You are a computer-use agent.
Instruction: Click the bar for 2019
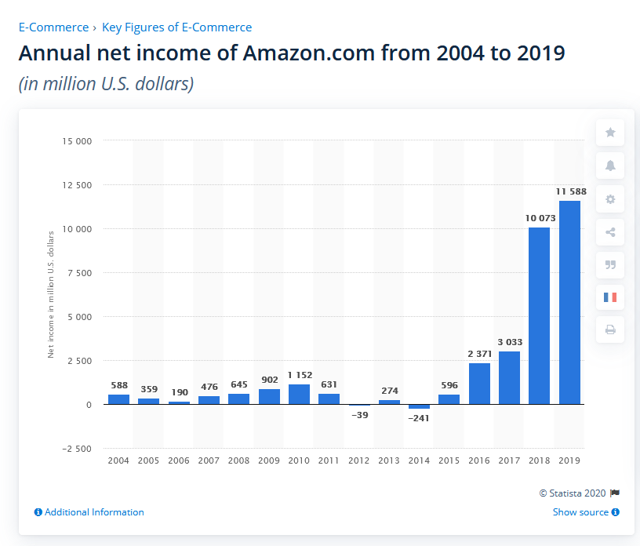pos(570,302)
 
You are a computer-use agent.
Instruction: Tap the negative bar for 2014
pos(420,406)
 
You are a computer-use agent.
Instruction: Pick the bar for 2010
pos(299,394)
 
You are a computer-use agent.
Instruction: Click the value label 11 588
pos(570,191)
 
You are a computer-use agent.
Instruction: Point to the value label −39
pos(359,414)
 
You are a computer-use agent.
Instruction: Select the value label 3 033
pos(510,342)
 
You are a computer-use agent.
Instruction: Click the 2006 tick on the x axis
pos(179,460)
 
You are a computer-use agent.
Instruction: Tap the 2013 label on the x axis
pos(389,460)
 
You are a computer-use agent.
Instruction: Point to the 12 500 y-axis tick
pos(76,185)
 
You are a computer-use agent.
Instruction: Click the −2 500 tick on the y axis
pos(76,449)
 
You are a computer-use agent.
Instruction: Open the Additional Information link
pos(89,512)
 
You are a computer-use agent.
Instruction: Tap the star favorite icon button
pos(610,133)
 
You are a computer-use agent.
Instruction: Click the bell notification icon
pos(610,166)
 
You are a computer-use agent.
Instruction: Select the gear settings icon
pos(610,199)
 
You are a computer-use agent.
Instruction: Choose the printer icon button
pos(610,330)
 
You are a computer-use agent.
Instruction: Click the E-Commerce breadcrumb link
pos(53,27)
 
